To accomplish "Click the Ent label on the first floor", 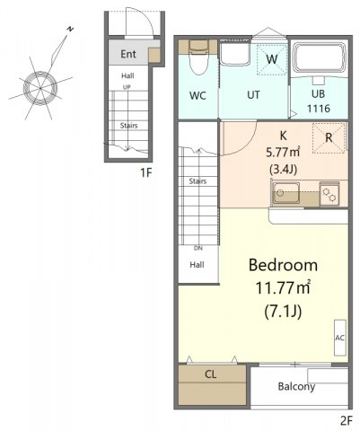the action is pos(128,54).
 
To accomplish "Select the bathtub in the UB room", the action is pos(319,58).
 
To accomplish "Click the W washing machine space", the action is pos(271,59).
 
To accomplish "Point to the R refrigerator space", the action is pos(329,138).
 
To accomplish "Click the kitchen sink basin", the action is pos(285,192).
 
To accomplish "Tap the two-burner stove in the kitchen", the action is pos(329,194).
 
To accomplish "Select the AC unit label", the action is pos(339,338).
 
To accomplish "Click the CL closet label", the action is pos(211,374).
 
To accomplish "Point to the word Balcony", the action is pos(296,386).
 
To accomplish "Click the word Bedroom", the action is pos(283,265).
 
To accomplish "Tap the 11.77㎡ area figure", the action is pos(283,288).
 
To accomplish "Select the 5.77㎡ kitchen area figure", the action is pos(283,153).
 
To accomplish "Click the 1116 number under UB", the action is pos(319,109).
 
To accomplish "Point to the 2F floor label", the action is pos(346,421).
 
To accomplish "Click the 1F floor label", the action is pos(146,172).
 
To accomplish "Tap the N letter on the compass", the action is pos(70,29).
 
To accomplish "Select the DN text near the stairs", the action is pos(198,248).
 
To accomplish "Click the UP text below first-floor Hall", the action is pos(127,87).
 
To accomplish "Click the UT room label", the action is pos(253,95).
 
